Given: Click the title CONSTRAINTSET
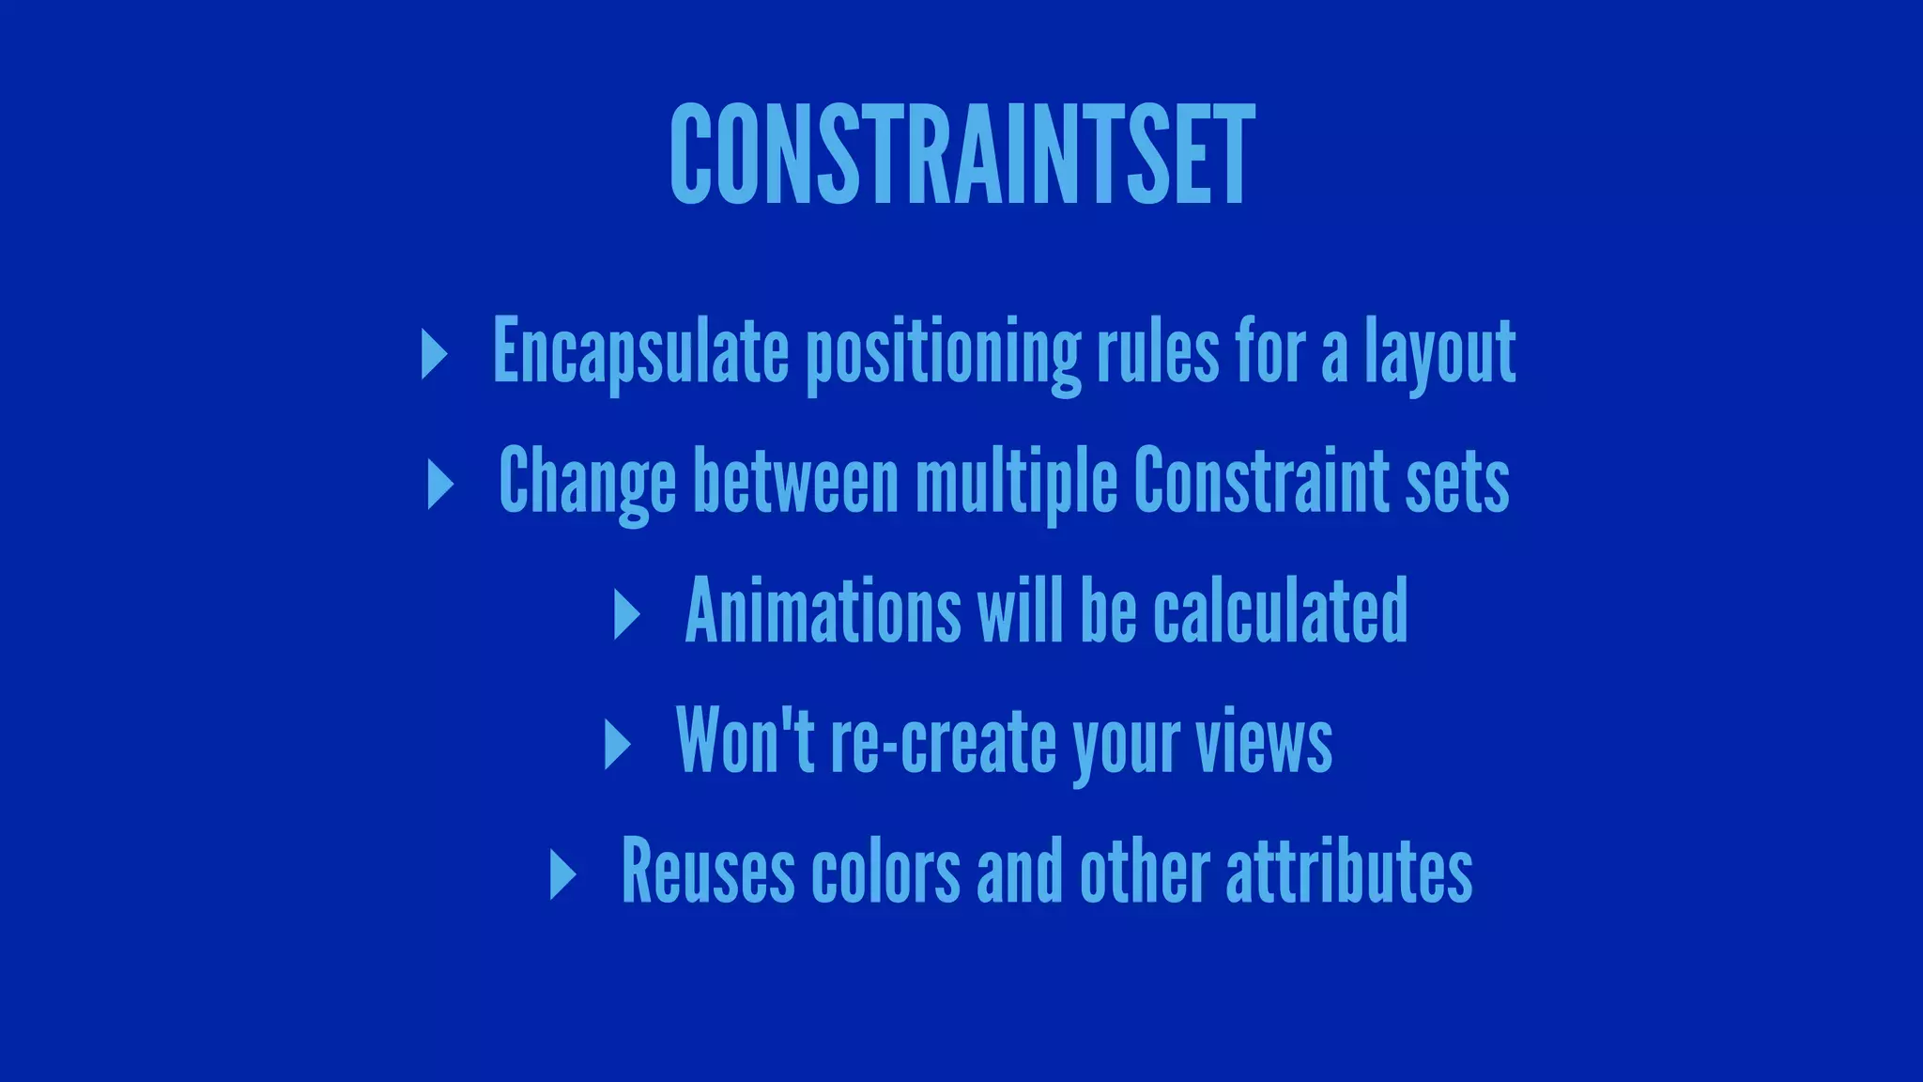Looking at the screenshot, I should pos(961,154).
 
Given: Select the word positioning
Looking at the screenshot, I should pos(944,355).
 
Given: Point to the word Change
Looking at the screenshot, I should pos(587,482).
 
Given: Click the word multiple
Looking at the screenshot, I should pos(1017,482).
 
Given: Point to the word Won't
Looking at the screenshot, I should pos(744,740).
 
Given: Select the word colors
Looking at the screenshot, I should pos(885,872).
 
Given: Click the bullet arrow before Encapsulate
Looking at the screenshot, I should pos(434,354).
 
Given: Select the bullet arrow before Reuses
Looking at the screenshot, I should pos(562,874).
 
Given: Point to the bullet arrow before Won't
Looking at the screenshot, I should pos(617,745).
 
